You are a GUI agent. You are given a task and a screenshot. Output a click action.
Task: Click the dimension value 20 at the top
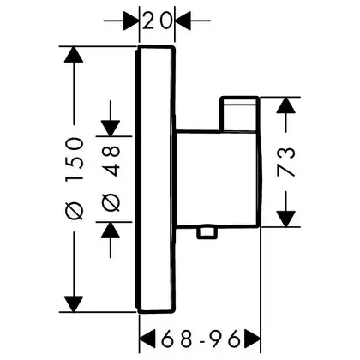[157, 21]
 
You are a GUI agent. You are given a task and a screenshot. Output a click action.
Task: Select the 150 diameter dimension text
[75, 159]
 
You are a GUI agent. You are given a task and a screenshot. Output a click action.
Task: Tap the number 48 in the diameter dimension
[111, 161]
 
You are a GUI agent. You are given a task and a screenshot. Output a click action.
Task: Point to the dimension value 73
[285, 162]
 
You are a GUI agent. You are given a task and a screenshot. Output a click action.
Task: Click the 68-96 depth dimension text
[200, 339]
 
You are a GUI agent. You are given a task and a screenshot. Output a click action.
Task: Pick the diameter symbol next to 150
[75, 210]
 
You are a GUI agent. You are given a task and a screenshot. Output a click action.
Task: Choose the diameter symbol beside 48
[111, 202]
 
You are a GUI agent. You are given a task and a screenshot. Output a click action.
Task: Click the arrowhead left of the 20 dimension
[131, 21]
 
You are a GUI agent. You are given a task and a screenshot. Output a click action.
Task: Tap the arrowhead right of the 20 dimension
[183, 21]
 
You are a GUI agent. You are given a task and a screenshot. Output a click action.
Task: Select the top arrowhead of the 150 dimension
[74, 54]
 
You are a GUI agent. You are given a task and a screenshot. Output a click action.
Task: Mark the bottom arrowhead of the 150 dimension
[74, 304]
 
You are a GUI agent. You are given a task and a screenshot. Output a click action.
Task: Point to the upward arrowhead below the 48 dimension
[111, 230]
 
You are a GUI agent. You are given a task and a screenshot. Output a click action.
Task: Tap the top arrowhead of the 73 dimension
[285, 105]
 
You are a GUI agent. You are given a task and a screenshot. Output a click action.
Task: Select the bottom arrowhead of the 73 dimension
[285, 219]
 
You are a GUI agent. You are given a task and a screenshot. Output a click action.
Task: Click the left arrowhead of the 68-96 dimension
[147, 339]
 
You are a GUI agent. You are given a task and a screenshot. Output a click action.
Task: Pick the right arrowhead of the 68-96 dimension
[252, 339]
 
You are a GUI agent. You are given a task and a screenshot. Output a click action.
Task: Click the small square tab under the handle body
[207, 232]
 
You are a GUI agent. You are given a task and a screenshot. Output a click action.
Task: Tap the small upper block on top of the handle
[239, 114]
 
